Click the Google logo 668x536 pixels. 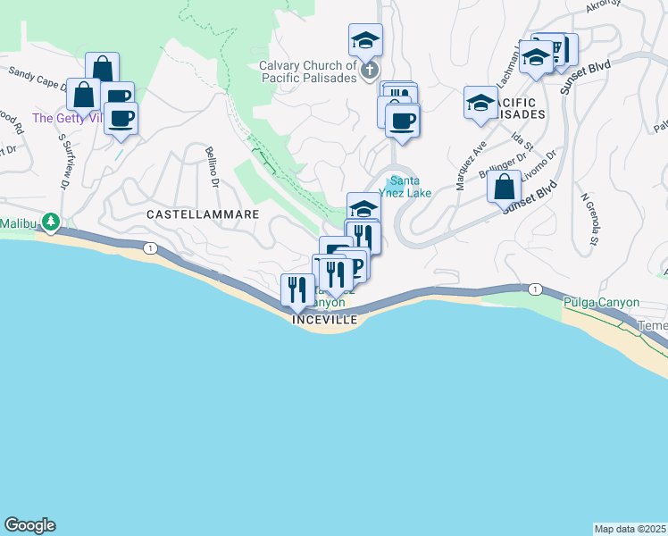tap(29, 525)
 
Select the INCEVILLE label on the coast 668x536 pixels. tap(324, 319)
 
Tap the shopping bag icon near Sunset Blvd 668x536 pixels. tap(505, 188)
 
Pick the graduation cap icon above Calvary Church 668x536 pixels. tap(364, 40)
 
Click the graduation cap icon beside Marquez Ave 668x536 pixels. tap(480, 102)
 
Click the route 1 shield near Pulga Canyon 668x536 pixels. tap(534, 289)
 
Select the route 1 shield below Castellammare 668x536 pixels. tap(152, 248)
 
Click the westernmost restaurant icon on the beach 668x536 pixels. tap(297, 289)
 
